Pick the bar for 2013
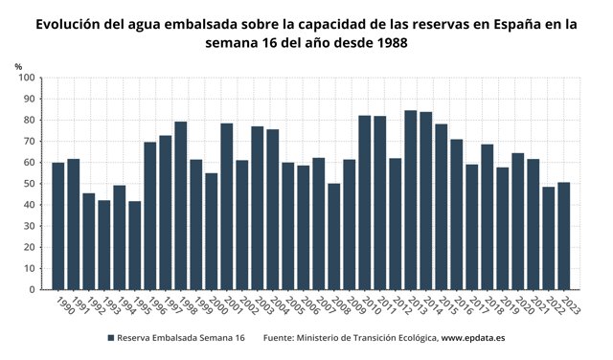click(410, 200)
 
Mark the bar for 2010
click(364, 202)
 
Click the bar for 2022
click(548, 238)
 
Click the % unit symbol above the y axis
click(19, 65)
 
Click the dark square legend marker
click(110, 338)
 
